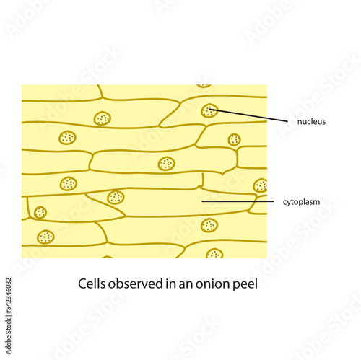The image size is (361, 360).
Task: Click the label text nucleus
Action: pos(311,121)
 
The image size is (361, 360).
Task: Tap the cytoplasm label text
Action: pos(301,202)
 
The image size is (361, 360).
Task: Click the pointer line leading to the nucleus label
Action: pos(248,115)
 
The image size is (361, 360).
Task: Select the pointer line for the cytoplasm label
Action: pos(238,201)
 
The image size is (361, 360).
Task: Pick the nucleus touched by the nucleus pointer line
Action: pos(209,110)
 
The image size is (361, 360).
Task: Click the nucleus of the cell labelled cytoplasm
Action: pos(116,197)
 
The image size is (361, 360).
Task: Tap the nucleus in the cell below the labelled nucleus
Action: pos(234,139)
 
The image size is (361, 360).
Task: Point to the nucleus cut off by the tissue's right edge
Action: pos(261,185)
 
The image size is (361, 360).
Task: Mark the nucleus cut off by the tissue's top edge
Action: pos(204,86)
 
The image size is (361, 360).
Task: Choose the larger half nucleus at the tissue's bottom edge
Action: pos(214,253)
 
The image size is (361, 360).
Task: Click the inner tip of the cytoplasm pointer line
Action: pos(202,201)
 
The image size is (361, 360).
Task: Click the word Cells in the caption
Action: pos(92,284)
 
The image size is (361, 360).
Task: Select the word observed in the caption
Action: pos(136,284)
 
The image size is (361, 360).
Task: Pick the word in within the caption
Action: pos(170,284)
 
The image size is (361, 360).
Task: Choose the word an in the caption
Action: pos(186,285)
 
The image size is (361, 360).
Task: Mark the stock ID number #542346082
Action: pos(9,297)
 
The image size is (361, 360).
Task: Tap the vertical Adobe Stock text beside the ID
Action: pos(9,336)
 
